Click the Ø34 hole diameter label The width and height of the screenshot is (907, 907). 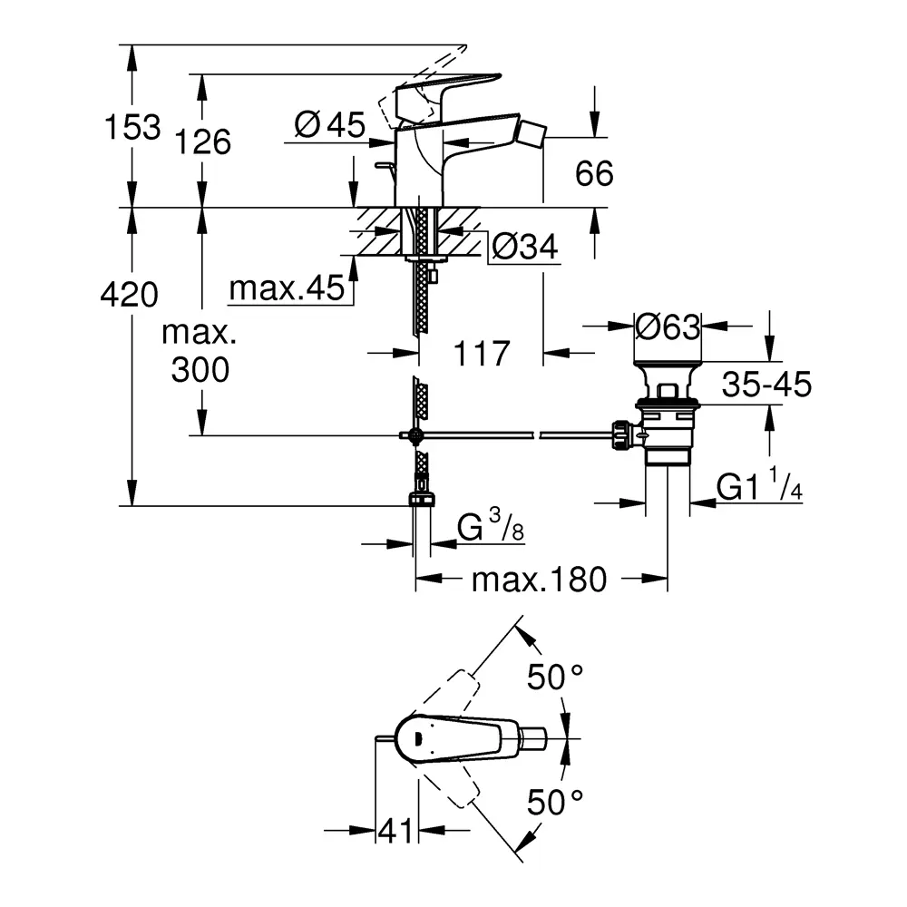point(523,245)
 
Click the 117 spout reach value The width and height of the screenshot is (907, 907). point(481,353)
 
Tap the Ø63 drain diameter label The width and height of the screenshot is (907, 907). point(668,327)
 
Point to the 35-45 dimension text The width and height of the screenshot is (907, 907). point(766,385)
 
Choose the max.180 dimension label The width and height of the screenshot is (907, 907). point(538,580)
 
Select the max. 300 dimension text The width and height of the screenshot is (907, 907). point(199,352)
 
